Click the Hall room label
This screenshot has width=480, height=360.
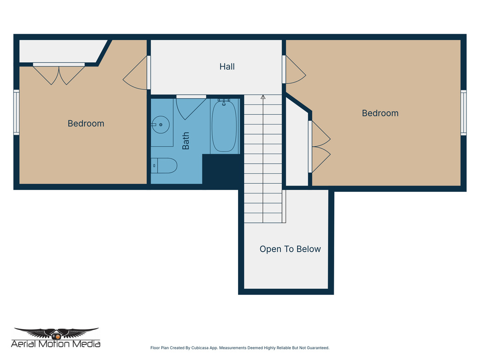tap(227, 67)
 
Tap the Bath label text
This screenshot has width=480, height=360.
tap(186, 141)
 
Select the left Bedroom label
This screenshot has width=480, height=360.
tap(86, 123)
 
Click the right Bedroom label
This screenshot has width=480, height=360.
tap(380, 113)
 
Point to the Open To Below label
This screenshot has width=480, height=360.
tap(290, 249)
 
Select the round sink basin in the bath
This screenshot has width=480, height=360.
tap(161, 125)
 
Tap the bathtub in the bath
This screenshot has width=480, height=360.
tap(224, 126)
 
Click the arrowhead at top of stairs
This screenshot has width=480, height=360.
tap(263, 97)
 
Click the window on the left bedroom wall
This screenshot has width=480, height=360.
tap(16, 112)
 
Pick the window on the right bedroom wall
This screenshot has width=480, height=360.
tap(463, 112)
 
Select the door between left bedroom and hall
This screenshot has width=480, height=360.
tap(137, 74)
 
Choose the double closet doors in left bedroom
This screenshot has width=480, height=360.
tap(59, 74)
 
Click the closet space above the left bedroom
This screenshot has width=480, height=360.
tap(61, 51)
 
